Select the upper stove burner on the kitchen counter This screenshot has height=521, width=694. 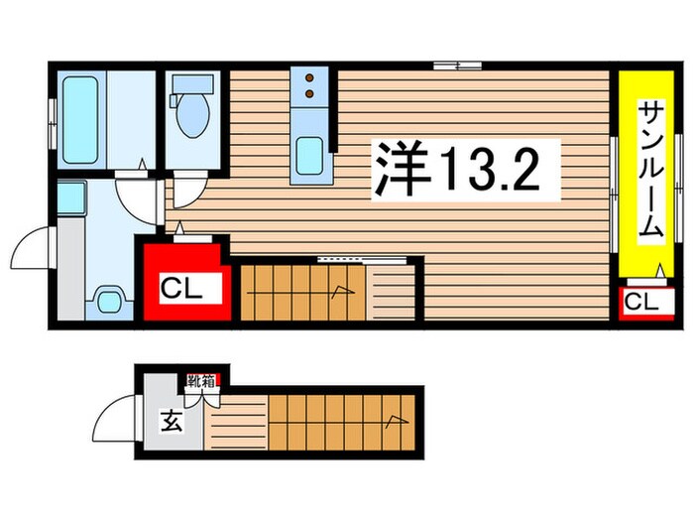click(310, 77)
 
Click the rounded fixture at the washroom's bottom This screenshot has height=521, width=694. click(109, 298)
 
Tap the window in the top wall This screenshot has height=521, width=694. click(457, 65)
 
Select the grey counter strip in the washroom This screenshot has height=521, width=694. click(69, 268)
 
